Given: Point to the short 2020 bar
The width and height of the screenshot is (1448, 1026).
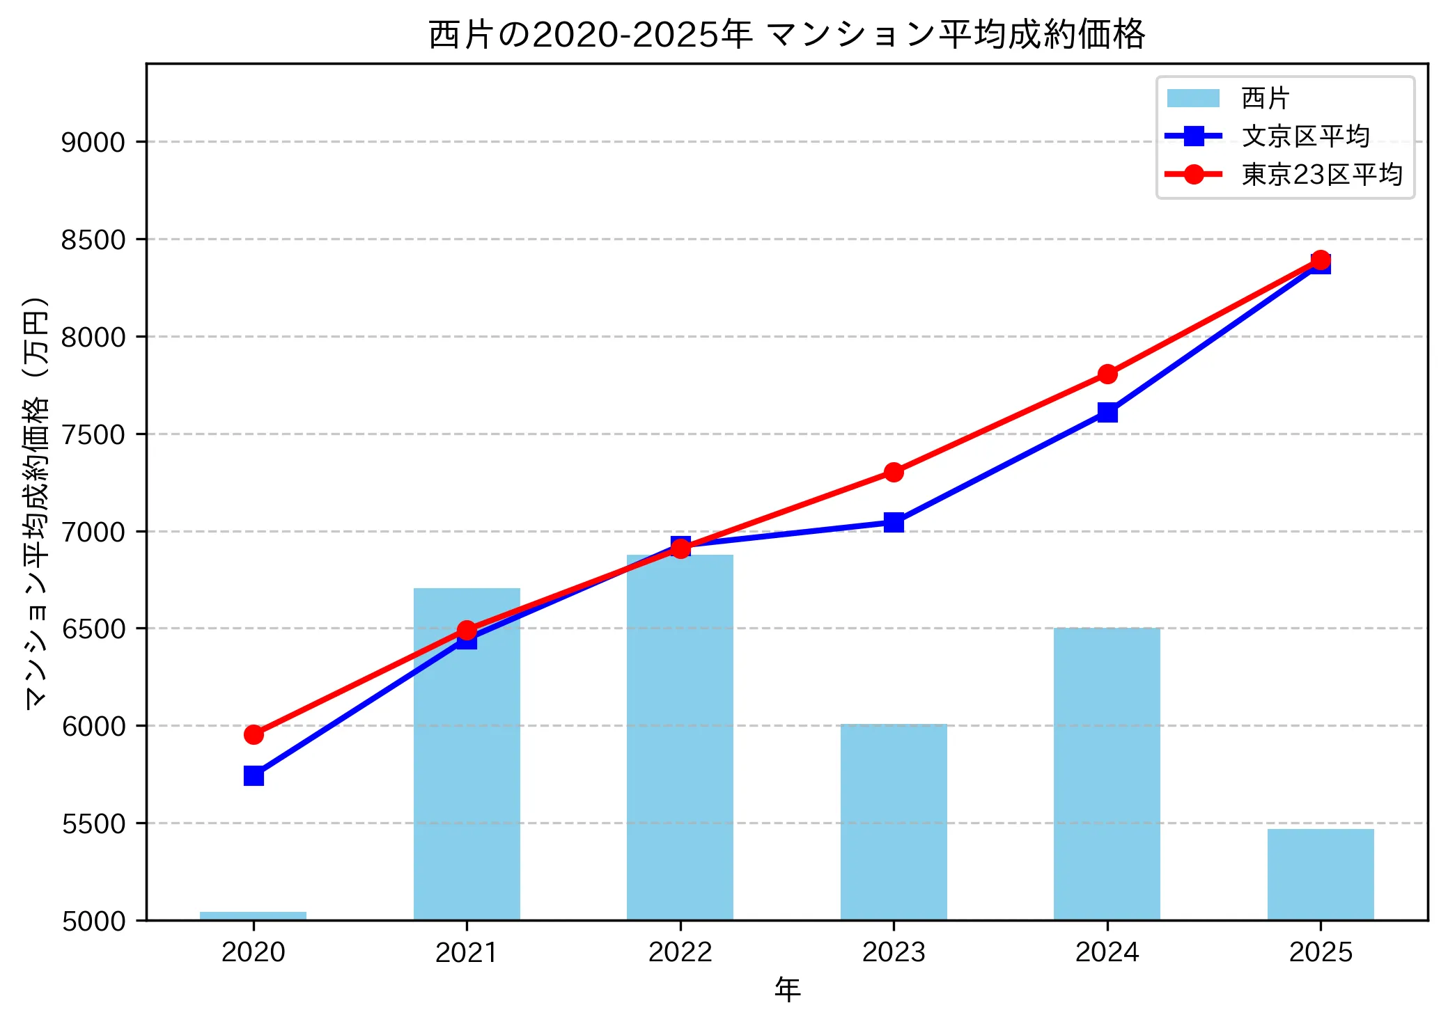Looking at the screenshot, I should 253,916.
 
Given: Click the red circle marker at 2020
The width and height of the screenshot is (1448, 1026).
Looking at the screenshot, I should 254,734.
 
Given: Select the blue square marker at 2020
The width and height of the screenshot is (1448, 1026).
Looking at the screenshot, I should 254,775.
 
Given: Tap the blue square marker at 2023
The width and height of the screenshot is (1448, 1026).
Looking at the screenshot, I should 894,522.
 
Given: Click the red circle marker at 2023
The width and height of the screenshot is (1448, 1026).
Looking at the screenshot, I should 894,472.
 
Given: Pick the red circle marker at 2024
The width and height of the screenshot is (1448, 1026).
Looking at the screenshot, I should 1107,374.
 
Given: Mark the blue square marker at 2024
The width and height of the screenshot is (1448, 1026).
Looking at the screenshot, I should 1107,412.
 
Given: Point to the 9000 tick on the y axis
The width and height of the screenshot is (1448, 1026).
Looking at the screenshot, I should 93,142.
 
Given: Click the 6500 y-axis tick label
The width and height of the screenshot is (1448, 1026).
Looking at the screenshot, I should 93,629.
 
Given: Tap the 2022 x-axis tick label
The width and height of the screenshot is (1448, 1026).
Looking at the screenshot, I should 680,952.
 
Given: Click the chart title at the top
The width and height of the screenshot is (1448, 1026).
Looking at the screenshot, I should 786,35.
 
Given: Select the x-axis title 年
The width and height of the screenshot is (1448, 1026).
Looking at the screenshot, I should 787,989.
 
